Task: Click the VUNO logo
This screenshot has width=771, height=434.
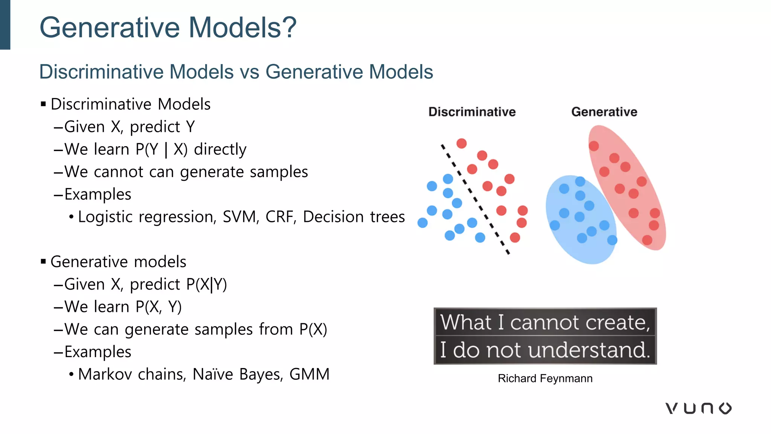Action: click(x=698, y=408)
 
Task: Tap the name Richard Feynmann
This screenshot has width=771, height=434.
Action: click(x=545, y=378)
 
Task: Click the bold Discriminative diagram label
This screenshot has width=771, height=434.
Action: click(x=472, y=112)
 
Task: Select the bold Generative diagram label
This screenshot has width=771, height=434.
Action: click(x=604, y=112)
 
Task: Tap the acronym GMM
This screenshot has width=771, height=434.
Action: click(x=309, y=374)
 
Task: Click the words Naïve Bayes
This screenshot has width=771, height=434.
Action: click(x=238, y=374)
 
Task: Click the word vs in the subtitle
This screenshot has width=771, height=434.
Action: click(x=249, y=72)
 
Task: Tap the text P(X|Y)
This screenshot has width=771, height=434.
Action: click(x=206, y=284)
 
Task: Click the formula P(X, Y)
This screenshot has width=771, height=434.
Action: click(x=158, y=307)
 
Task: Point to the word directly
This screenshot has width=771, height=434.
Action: click(x=220, y=150)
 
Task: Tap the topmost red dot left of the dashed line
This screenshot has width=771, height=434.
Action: click(x=462, y=143)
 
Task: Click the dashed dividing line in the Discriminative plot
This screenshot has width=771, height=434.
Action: click(x=475, y=199)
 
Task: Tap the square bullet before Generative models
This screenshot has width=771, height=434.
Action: click(x=43, y=261)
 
